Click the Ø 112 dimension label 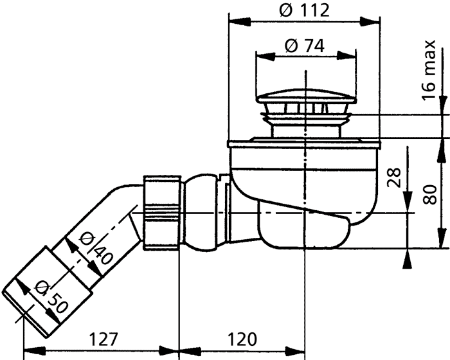click(x=305, y=10)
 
